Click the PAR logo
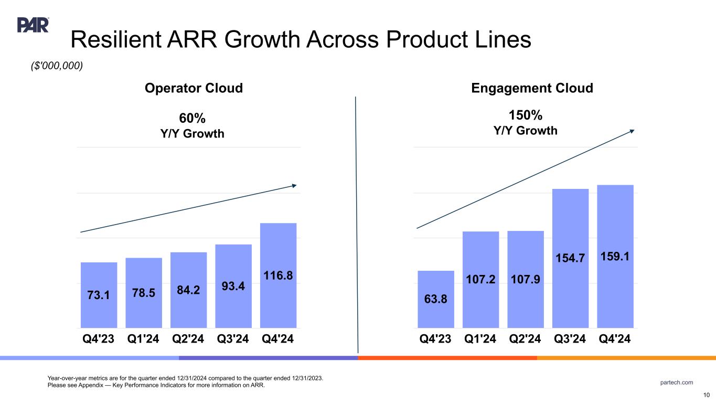(33, 25)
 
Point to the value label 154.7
(570, 257)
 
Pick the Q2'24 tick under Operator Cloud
(188, 339)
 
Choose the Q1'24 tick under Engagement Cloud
(480, 339)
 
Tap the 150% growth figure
(526, 115)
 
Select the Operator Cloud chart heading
(194, 88)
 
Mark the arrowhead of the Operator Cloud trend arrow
(294, 185)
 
